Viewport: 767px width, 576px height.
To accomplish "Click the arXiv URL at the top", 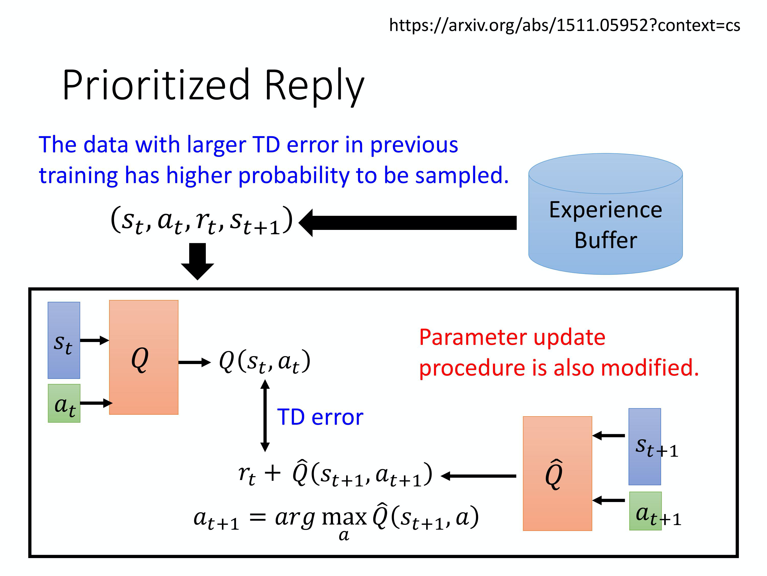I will tap(564, 25).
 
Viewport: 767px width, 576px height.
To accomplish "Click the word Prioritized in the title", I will tap(156, 85).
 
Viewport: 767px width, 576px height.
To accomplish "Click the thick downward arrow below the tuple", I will tap(197, 260).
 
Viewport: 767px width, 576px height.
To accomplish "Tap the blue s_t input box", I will tap(64, 340).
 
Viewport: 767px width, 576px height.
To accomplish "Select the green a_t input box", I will tap(64, 403).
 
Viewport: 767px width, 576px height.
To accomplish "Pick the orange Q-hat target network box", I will tap(557, 473).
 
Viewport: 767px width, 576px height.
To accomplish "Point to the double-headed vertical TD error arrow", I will tap(265, 415).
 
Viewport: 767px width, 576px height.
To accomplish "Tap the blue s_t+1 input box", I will tap(644, 446).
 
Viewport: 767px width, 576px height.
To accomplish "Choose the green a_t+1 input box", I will tap(645, 511).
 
